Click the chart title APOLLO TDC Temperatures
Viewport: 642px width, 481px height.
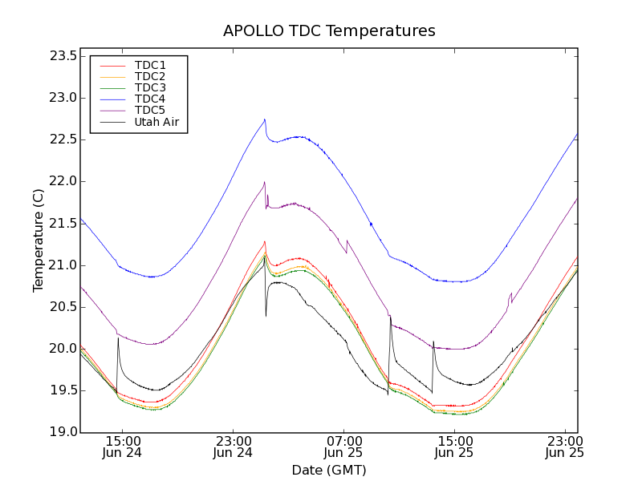pyautogui.click(x=329, y=31)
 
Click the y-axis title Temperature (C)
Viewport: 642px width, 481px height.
pyautogui.click(x=39, y=240)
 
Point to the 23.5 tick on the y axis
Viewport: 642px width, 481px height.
pyautogui.click(x=63, y=56)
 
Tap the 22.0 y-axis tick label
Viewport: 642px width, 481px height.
pyautogui.click(x=63, y=181)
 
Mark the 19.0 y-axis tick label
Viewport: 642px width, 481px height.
pyautogui.click(x=63, y=432)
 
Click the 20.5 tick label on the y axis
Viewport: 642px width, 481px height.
pyautogui.click(x=63, y=307)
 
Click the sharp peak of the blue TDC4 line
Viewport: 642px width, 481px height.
pyautogui.click(x=265, y=119)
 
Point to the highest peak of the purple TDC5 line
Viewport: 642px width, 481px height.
pyautogui.click(x=264, y=181)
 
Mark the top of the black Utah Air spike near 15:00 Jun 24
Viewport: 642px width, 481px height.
pyautogui.click(x=118, y=338)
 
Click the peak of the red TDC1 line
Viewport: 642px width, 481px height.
pyautogui.click(x=264, y=241)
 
